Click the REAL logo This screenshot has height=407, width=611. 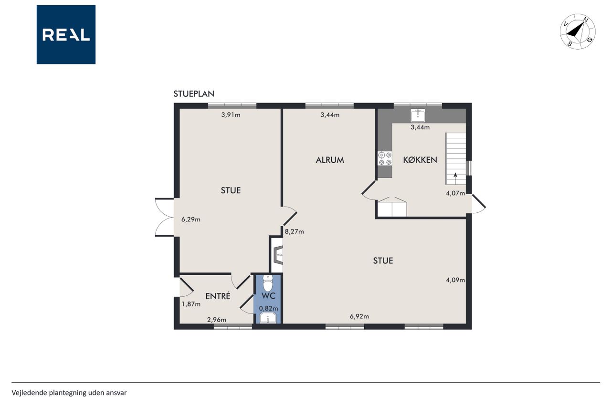66,35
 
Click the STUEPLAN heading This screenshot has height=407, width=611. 194,94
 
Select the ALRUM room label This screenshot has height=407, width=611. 330,160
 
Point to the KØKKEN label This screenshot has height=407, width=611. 420,160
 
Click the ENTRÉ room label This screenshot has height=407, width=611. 218,296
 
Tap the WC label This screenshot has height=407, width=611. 268,296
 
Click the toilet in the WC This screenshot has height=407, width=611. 268,283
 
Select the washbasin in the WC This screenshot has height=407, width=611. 268,318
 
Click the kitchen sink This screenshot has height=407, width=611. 418,115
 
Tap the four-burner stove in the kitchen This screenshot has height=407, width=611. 385,159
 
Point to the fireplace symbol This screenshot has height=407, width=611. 278,255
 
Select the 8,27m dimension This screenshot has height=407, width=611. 295,232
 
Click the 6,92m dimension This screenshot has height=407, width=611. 359,316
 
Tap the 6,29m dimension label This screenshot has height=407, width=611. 191,219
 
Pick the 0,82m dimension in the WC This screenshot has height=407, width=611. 268,309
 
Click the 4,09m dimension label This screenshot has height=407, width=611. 455,280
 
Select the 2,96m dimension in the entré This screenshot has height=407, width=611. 217,320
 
